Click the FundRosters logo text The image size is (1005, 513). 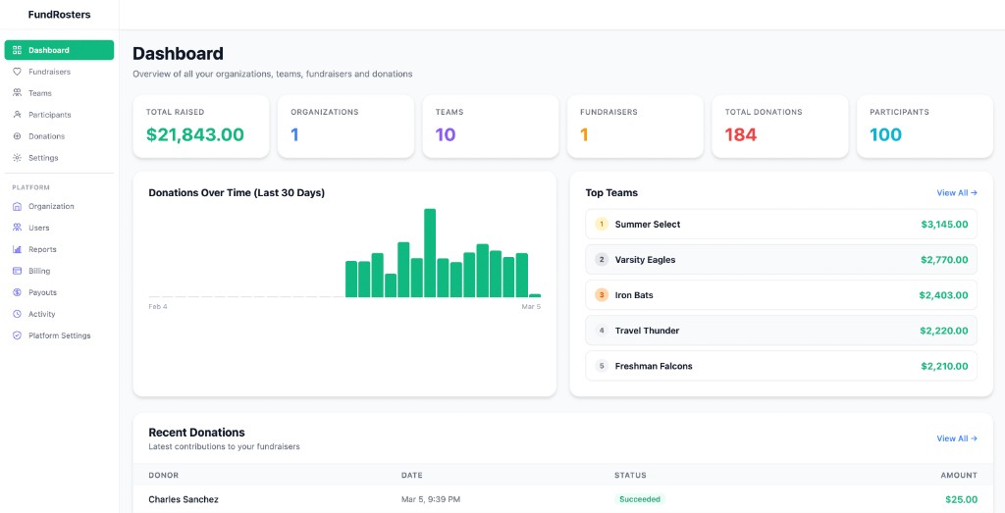[59, 15]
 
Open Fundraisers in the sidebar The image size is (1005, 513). [49, 72]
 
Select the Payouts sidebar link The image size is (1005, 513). [42, 292]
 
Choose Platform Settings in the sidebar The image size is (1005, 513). [59, 335]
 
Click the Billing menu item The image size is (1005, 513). [39, 271]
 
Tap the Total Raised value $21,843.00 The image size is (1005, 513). [194, 135]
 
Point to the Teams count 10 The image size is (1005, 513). [446, 135]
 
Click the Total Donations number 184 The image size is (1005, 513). [741, 135]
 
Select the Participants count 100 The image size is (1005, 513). [885, 135]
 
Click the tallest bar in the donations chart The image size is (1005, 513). [430, 253]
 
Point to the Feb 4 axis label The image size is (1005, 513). [158, 307]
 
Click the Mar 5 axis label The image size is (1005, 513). [531, 307]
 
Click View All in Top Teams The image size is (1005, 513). [956, 193]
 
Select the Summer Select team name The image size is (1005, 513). [647, 225]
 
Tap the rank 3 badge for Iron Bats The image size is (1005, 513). [602, 295]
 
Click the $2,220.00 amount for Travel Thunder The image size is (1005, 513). [944, 331]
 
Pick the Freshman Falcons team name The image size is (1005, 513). [654, 366]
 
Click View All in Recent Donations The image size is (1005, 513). [956, 438]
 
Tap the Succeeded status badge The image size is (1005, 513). [639, 499]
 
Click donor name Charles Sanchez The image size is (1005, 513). [184, 499]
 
